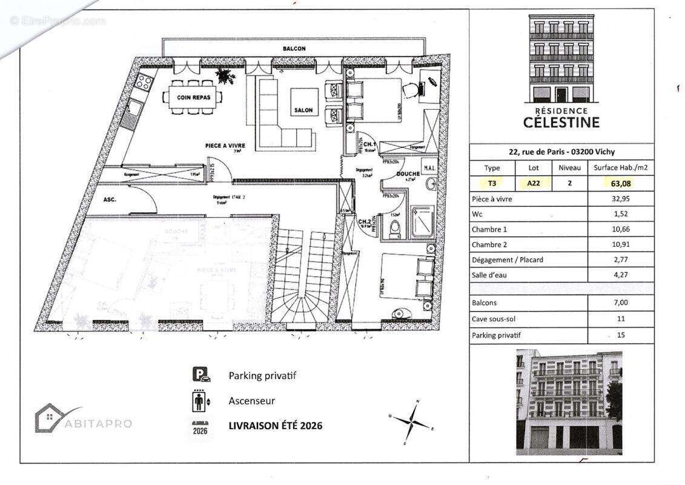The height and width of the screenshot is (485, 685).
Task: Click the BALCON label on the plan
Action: (x=294, y=48)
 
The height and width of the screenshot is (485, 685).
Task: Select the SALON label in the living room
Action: (x=303, y=111)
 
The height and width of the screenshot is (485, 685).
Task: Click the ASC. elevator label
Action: (x=110, y=199)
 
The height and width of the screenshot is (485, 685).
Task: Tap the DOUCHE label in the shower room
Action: (x=408, y=174)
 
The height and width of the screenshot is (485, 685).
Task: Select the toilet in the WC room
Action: (x=394, y=230)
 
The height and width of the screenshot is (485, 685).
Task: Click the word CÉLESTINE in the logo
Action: (x=561, y=122)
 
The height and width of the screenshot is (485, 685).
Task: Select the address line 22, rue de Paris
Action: (x=561, y=152)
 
